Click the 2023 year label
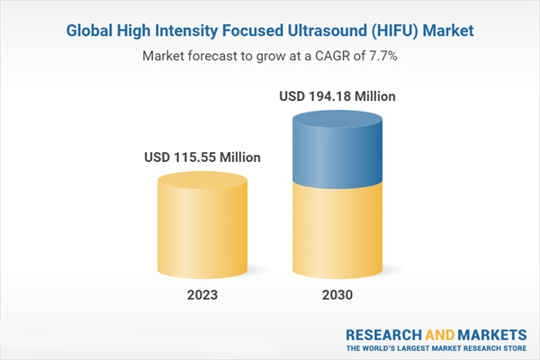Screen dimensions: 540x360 (x=202, y=295)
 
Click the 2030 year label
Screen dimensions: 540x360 (x=337, y=295)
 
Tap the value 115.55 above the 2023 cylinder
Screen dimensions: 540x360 (x=195, y=157)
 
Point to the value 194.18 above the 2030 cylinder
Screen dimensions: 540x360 (x=330, y=96)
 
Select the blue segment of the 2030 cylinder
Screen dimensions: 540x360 (x=337, y=150)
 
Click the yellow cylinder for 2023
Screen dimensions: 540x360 (x=202, y=225)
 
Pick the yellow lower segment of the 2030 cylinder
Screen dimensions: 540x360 (x=337, y=230)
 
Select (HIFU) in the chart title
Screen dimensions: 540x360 (x=395, y=31)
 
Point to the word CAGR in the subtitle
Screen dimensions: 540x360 (x=332, y=56)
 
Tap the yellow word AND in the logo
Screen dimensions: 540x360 (x=440, y=335)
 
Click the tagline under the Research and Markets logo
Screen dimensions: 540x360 (x=436, y=348)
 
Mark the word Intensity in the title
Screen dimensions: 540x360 (x=186, y=31)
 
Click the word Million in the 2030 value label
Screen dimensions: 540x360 (x=375, y=96)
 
